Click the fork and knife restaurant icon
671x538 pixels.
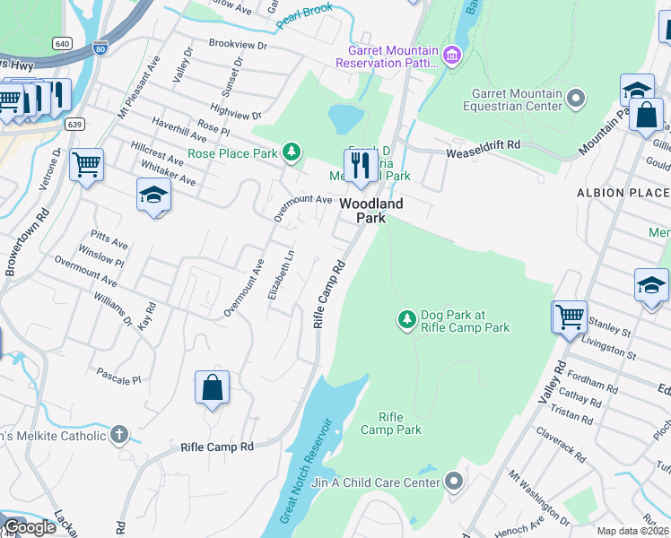(x=360, y=165)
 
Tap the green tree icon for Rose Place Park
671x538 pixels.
(x=291, y=152)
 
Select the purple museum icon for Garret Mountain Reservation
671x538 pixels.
(x=452, y=56)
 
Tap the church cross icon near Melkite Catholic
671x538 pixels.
(x=118, y=436)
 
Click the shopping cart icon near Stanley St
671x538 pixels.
(x=570, y=317)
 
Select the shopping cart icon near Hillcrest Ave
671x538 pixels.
(x=86, y=164)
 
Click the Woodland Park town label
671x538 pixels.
(x=370, y=211)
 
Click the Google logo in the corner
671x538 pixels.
(x=30, y=527)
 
